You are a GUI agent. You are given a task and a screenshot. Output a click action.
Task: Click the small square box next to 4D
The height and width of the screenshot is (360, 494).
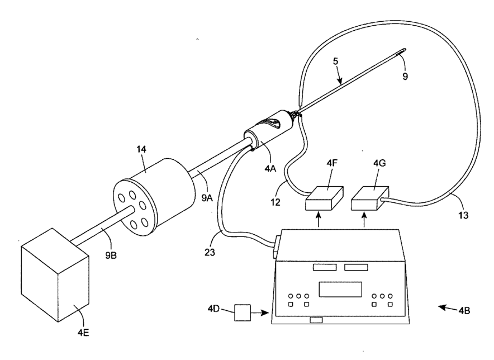pos(243,311)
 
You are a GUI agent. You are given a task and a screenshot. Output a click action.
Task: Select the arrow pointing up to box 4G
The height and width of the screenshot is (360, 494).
pos(365,221)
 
